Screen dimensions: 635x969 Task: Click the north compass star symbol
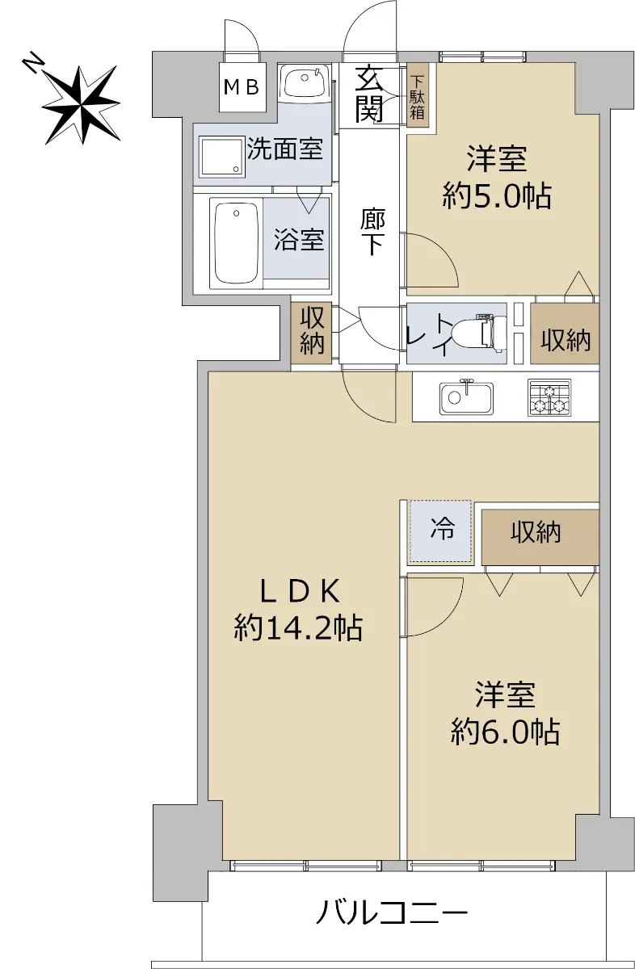[x=82, y=105]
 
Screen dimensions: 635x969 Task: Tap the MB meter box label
[x=242, y=88]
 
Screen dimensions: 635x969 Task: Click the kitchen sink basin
[x=466, y=398]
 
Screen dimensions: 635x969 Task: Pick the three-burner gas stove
[x=549, y=397]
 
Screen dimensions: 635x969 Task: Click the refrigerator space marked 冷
[x=440, y=531]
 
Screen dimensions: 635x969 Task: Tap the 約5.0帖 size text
[x=497, y=196]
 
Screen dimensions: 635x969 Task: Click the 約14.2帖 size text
[x=298, y=627]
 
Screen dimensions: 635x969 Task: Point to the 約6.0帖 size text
[x=505, y=732]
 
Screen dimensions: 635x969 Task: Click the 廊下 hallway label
[x=372, y=232]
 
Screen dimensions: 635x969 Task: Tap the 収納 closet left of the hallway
[x=312, y=331]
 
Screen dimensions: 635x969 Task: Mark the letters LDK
[x=300, y=592]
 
